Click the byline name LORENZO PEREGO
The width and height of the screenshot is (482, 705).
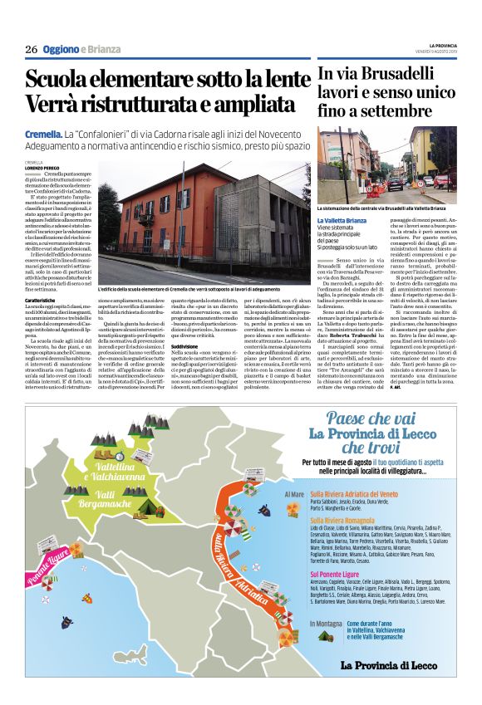click(x=42, y=169)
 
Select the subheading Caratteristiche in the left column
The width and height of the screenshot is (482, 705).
click(x=41, y=299)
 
